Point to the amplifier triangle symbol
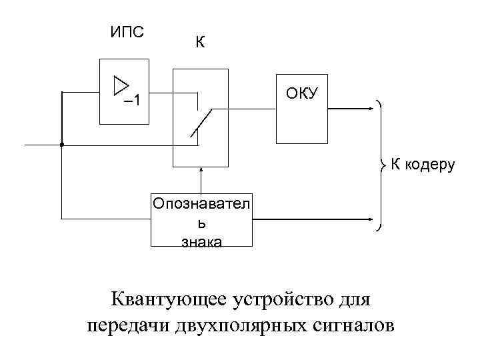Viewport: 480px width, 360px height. pos(121,85)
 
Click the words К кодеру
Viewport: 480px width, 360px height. pos(422,164)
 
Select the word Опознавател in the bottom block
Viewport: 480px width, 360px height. pos(201,203)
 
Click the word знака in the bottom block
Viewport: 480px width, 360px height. pos(201,241)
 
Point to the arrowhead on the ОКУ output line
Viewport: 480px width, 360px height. pos(370,107)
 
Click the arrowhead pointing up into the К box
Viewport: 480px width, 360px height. pos(200,171)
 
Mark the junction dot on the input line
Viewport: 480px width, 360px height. pos(61,144)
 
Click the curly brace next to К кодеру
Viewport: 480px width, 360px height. pos(382,164)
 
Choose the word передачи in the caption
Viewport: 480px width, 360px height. pos(129,326)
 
